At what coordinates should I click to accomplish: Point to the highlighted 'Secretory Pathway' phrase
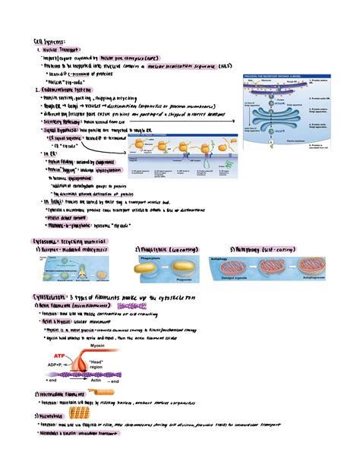pos(68,119)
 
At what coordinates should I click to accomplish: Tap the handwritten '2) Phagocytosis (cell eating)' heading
pos(166,249)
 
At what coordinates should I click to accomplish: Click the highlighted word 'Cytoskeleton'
pos(46,297)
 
